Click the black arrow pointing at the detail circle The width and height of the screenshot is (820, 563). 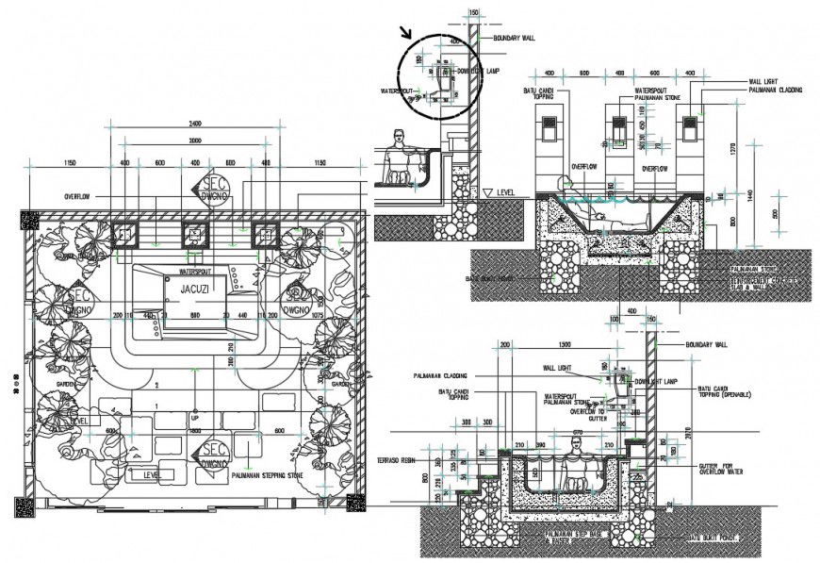406,33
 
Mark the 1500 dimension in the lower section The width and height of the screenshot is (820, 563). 564,344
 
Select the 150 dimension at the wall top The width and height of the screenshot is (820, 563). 473,12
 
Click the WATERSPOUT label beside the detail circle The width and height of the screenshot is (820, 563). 398,91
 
